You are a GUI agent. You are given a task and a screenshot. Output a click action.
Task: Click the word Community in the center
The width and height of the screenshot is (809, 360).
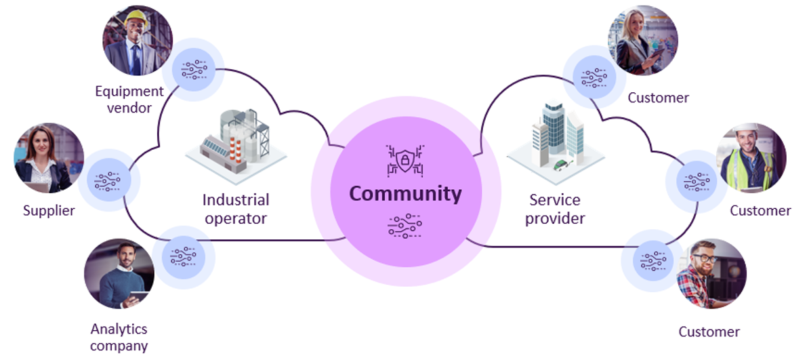(x=405, y=194)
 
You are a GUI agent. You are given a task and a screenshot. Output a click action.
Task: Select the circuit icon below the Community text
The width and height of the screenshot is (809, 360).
(x=405, y=226)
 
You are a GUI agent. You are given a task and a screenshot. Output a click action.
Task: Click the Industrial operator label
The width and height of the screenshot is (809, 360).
(x=235, y=209)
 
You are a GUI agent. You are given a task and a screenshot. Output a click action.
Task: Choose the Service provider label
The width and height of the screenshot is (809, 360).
(x=555, y=209)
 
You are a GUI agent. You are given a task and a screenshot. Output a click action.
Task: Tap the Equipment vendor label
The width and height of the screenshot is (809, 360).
(x=129, y=99)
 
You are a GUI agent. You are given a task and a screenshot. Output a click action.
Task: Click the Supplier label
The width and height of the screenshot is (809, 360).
(x=49, y=211)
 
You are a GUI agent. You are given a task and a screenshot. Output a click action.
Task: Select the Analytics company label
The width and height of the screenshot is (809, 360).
(x=119, y=337)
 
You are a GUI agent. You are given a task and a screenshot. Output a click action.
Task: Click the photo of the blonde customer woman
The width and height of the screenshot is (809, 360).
(x=642, y=40)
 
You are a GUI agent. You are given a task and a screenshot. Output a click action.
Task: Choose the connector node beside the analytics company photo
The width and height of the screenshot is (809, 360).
(x=183, y=257)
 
